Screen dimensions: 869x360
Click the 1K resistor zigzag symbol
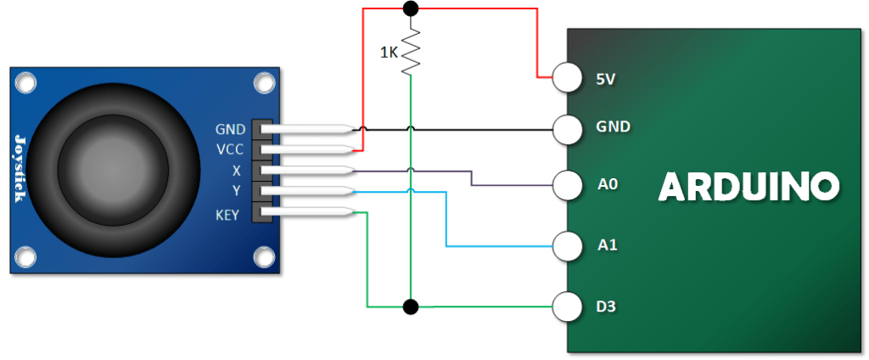410,53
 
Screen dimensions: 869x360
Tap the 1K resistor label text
388,53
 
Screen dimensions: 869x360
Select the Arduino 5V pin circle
568,77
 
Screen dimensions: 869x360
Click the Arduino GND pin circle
568,130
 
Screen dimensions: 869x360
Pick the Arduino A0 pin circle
568,185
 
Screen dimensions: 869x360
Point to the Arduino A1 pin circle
568,246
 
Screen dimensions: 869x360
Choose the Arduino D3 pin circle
568,307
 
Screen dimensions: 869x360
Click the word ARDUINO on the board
748,186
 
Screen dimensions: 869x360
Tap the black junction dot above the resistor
410,8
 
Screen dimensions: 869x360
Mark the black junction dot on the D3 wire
410,307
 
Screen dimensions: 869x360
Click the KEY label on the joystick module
227,215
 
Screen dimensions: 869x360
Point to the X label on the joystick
237,171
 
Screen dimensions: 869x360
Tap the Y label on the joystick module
237,191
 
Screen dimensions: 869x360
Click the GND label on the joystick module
231,130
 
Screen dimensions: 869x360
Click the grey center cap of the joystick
113,171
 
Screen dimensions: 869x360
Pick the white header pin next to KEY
307,211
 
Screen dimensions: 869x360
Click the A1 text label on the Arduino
608,245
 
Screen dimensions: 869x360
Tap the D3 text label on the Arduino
608,307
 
